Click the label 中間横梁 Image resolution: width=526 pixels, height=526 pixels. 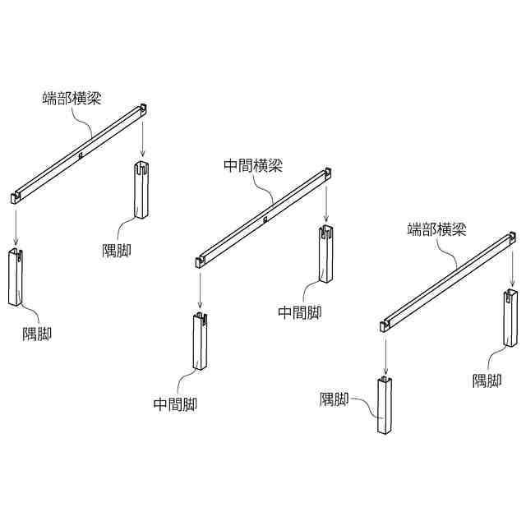click(x=253, y=165)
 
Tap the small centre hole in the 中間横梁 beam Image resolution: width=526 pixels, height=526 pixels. click(x=265, y=219)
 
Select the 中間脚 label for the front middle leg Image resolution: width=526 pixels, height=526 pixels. click(x=175, y=404)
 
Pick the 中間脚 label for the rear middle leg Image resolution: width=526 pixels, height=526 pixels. click(x=299, y=312)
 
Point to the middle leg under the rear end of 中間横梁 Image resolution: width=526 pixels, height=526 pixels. click(x=326, y=254)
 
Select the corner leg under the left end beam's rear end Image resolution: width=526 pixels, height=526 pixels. click(x=140, y=191)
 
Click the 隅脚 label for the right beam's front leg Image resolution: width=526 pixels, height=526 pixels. click(x=335, y=400)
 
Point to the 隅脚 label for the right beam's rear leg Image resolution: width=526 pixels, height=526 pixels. click(x=487, y=381)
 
